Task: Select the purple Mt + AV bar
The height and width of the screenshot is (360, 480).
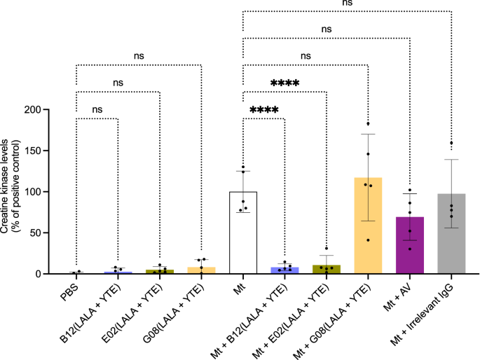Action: (x=410, y=245)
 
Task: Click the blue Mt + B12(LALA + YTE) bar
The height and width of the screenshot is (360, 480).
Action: (x=285, y=270)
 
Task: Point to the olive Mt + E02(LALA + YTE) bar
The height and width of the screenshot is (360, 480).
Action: (x=327, y=269)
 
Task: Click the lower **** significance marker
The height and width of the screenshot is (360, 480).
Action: (x=264, y=111)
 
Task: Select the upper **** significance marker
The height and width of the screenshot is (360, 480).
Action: (x=284, y=84)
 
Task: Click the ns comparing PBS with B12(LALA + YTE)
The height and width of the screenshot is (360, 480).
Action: (x=97, y=110)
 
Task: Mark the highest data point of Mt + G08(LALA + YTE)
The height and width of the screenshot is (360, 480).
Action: (x=368, y=124)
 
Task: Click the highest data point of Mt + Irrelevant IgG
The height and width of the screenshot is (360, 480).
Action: (x=451, y=144)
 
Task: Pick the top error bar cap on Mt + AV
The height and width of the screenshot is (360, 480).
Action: (x=410, y=194)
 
